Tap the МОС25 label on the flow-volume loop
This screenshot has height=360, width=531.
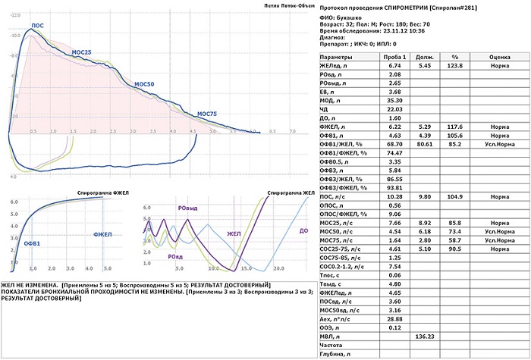[x=82, y=52]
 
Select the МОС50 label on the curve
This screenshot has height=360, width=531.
[x=143, y=83]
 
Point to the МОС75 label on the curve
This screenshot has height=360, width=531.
[x=206, y=114]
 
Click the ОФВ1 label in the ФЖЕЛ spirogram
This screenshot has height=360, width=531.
[x=32, y=243]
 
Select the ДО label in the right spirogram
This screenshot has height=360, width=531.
[x=303, y=230]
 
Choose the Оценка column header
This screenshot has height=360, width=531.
[x=498, y=57]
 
